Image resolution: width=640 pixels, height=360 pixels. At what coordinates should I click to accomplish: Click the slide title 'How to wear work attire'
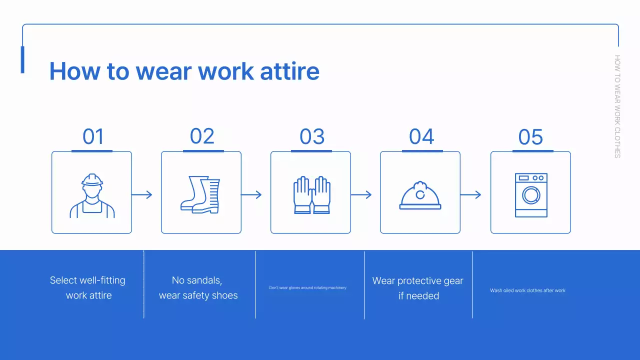184,71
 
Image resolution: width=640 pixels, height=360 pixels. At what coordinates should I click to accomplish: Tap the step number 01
93,137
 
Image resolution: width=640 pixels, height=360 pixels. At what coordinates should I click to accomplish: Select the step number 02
202,136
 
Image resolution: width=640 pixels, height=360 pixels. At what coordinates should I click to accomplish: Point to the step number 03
312,137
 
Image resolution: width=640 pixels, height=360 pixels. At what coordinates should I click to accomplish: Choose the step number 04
421,137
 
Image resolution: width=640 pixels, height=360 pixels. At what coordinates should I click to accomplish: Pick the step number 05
530,137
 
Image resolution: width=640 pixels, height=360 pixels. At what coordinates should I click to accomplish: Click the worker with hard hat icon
92,195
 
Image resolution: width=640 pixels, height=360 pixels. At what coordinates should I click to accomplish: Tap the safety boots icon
200,194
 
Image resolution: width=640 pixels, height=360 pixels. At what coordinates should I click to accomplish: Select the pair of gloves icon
311,195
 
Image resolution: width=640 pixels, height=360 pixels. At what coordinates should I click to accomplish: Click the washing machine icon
531,195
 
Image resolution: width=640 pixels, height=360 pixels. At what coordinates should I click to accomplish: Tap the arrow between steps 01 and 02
142,194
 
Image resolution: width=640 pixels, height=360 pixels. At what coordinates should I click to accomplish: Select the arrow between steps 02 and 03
251,194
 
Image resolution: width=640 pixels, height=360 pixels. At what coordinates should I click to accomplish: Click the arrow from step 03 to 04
361,194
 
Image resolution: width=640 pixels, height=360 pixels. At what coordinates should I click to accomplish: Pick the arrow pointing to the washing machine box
470,194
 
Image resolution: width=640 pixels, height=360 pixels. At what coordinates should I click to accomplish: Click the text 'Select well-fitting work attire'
88,288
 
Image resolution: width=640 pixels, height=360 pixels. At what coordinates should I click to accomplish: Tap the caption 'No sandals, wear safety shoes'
198,288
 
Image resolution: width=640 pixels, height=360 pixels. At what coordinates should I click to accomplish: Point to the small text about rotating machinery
307,288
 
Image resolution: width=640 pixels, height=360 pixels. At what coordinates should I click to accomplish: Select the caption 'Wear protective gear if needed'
418,288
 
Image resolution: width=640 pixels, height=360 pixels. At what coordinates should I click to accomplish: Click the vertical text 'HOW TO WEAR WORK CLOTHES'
617,106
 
